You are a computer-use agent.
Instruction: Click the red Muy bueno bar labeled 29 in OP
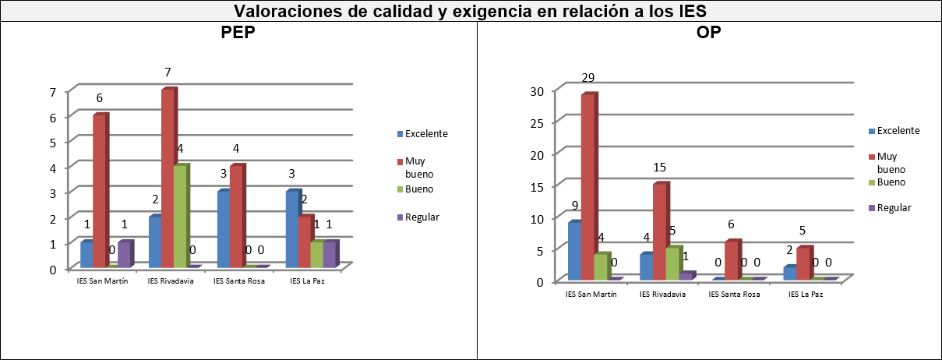point(587,187)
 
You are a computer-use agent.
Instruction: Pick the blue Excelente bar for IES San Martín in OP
point(575,251)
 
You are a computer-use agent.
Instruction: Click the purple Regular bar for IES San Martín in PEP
point(124,254)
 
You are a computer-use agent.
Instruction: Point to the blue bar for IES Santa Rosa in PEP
point(224,229)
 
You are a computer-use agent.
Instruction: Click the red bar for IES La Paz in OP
point(803,263)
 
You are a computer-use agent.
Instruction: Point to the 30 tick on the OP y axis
point(536,90)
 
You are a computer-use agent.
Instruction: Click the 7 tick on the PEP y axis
point(52,92)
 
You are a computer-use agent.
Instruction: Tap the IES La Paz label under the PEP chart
point(307,281)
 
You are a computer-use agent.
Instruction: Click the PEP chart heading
point(239,34)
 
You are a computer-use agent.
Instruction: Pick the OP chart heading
point(709,34)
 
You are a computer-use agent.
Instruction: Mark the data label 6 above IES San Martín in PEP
point(100,98)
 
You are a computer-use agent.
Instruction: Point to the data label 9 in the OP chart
point(575,206)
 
